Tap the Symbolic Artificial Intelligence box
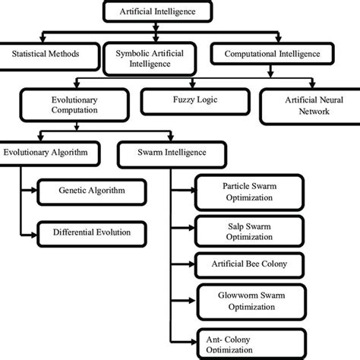(x=149, y=58)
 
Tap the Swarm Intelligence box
(x=163, y=153)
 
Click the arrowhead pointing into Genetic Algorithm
(x=35, y=192)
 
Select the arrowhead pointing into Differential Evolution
(x=35, y=231)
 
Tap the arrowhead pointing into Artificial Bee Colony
(x=191, y=265)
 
